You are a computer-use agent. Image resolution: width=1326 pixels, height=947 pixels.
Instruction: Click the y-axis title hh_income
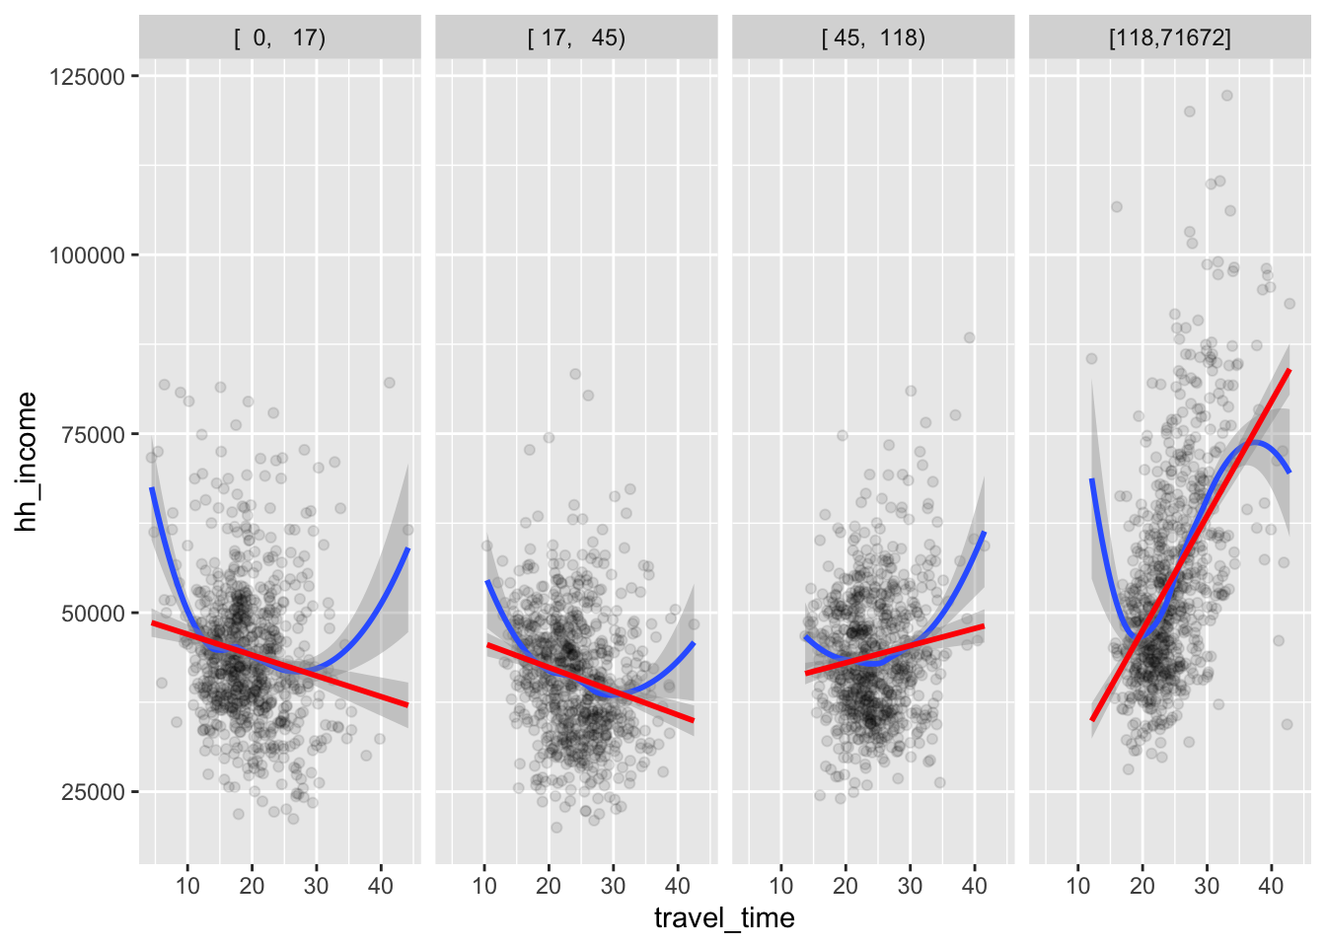[x=27, y=462]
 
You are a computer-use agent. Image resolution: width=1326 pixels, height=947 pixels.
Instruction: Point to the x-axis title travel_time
[x=724, y=919]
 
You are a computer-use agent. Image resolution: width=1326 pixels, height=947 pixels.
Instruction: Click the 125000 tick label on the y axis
[x=87, y=77]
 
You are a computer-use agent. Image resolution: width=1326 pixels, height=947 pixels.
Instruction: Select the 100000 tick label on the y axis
[x=87, y=255]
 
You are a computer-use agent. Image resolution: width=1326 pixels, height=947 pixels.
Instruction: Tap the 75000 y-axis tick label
[x=93, y=435]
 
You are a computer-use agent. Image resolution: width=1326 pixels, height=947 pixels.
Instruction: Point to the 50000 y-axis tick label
[x=93, y=614]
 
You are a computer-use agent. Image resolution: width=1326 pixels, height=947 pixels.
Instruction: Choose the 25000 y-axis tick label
[x=93, y=792]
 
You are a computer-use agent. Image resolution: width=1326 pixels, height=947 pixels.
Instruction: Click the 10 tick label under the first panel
[x=187, y=886]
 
